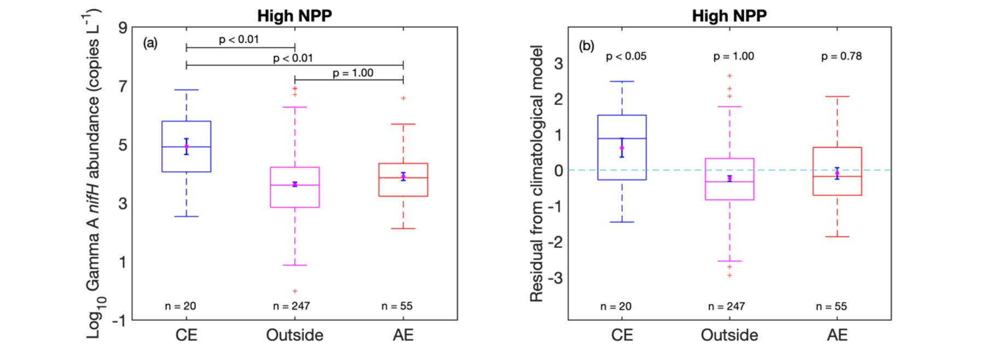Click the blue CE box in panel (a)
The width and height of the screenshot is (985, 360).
[187, 159]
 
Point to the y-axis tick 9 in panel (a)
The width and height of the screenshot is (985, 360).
[123, 28]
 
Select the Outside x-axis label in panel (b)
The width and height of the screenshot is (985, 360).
[729, 335]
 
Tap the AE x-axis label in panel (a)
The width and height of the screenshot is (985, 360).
[403, 335]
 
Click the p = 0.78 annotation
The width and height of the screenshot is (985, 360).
[841, 56]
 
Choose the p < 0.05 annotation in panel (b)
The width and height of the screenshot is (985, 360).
[626, 56]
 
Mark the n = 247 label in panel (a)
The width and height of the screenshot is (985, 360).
[291, 306]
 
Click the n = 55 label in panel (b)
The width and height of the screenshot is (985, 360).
[831, 306]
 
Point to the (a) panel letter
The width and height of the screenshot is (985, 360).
[150, 43]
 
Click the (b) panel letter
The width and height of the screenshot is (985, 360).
[586, 46]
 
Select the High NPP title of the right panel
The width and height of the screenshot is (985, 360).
[729, 16]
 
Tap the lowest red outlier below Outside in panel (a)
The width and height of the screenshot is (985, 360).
[295, 291]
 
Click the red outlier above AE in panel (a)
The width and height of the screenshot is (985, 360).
[403, 98]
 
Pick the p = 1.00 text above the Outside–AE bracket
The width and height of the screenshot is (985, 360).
[353, 73]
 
